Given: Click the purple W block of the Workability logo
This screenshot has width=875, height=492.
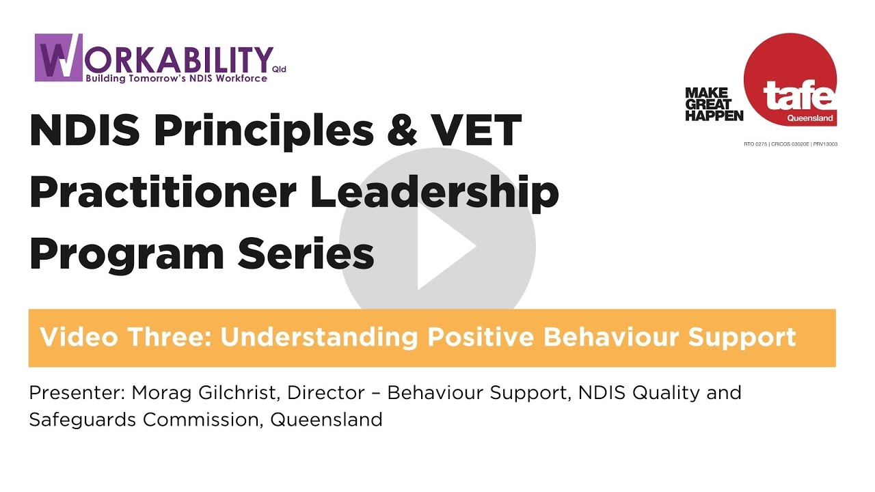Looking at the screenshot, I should pos(58,57).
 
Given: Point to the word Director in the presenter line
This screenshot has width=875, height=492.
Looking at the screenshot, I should pos(326,394).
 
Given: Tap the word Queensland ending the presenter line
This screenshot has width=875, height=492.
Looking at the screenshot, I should pos(326,419).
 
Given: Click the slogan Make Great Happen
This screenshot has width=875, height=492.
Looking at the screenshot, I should pos(714,104).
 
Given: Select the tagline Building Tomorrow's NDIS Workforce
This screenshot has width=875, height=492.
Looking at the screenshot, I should pos(176,79).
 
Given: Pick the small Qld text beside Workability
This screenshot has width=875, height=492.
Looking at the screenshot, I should pos(279,70).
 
